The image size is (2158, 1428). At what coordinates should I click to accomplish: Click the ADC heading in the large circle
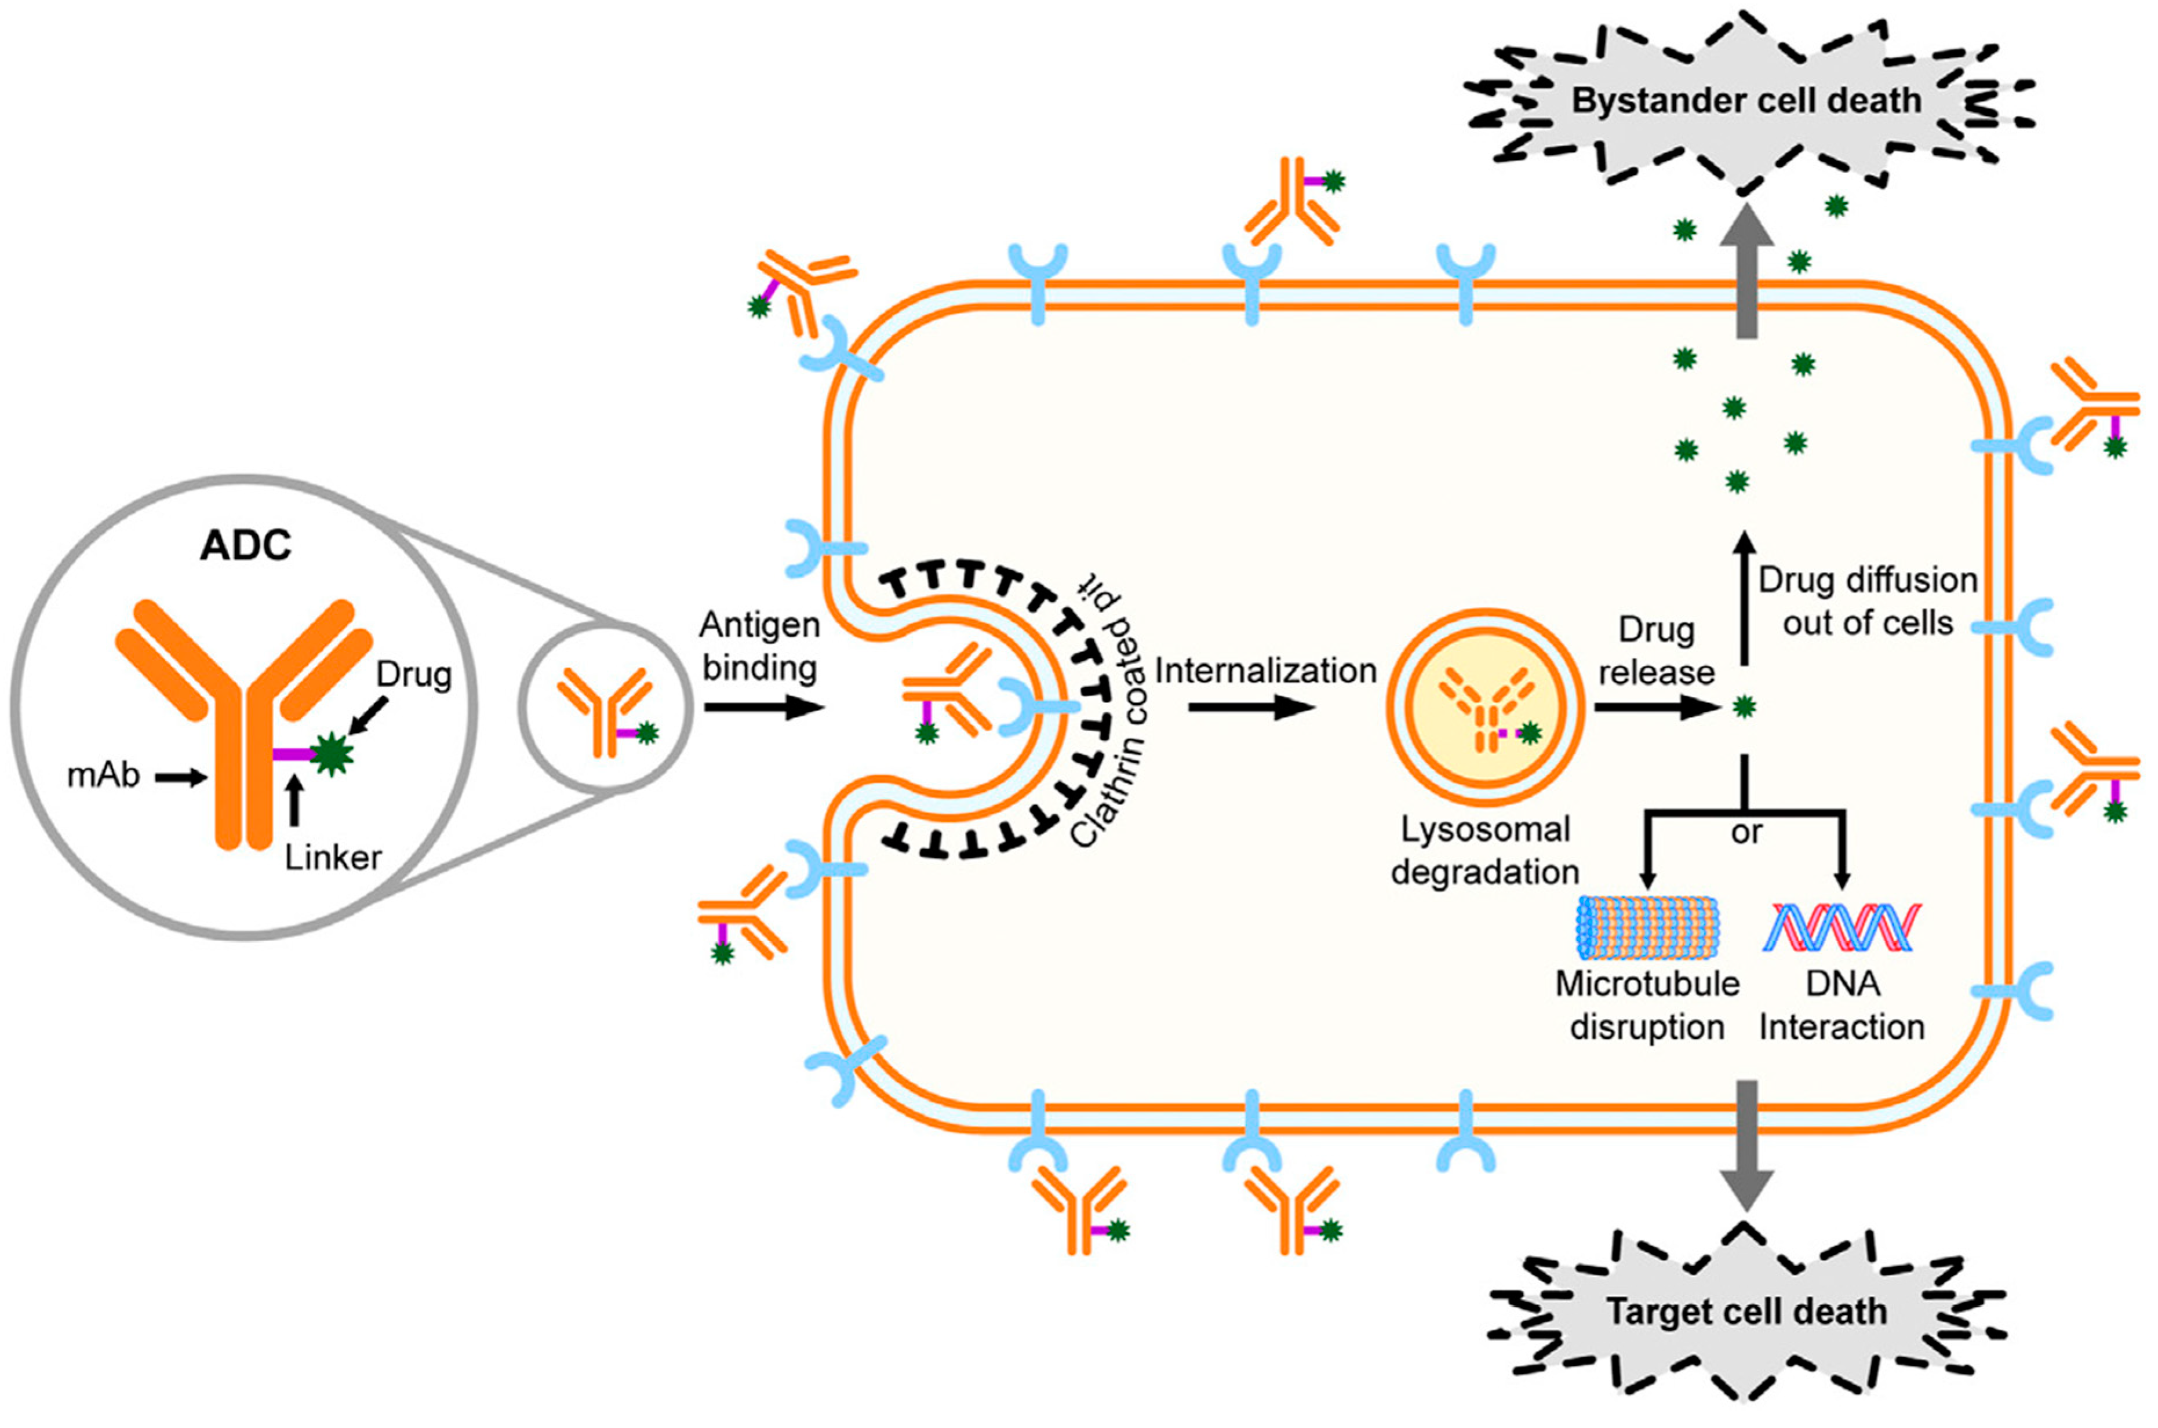coord(246,545)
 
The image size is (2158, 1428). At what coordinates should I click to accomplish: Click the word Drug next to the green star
coord(414,675)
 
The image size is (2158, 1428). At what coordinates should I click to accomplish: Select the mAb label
coord(104,775)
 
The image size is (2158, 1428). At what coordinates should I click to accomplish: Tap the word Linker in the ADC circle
coord(333,857)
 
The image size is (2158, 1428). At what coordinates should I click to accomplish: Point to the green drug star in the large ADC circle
coord(333,754)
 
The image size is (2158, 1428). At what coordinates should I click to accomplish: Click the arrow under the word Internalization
coord(1253,706)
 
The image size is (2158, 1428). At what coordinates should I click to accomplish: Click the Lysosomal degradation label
coord(1485,851)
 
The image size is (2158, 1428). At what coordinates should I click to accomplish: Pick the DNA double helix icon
coord(1841,927)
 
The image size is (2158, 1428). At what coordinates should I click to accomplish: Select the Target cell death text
coord(1746,1312)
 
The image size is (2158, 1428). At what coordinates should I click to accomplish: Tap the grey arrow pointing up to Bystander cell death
coord(1746,273)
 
